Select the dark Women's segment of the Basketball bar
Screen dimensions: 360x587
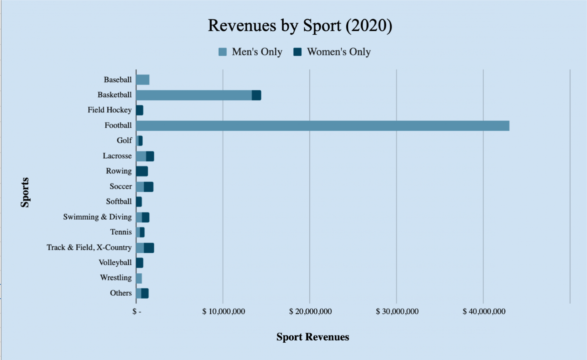256,95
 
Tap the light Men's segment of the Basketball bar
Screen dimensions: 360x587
194,95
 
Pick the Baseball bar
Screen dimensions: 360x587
143,80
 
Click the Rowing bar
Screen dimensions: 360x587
142,171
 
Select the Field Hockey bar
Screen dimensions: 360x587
139,110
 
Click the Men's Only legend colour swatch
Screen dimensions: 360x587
222,52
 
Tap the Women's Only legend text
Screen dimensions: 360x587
339,52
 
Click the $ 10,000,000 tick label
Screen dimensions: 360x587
223,312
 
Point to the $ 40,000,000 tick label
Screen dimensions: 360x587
484,312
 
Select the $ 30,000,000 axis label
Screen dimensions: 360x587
397,312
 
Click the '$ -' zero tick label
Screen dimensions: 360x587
137,312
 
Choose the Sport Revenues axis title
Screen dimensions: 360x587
313,337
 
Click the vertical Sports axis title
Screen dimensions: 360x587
25,192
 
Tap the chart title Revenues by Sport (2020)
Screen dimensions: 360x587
300,26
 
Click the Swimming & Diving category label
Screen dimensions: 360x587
97,217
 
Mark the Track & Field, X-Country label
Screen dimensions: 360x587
89,248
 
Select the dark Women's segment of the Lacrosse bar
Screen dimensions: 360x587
150,157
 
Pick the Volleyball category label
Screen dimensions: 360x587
115,263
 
